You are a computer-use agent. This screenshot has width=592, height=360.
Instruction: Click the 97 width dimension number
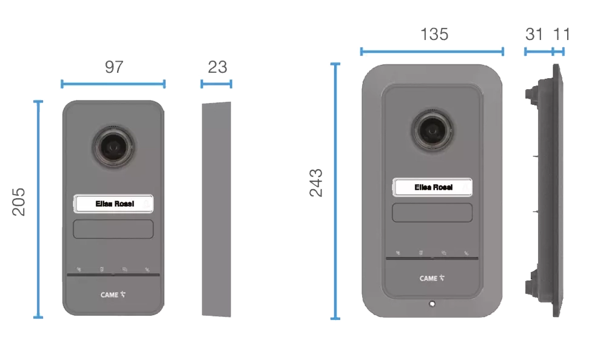click(113, 67)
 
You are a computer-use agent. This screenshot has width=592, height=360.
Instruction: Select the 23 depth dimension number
click(217, 67)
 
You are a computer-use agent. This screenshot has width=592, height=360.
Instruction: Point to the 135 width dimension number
click(434, 35)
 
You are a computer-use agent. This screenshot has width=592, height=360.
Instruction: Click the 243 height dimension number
click(317, 183)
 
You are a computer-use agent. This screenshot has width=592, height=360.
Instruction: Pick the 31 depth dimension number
click(534, 35)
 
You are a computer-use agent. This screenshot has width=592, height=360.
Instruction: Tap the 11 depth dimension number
click(561, 35)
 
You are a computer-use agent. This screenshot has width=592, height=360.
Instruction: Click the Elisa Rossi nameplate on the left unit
click(113, 205)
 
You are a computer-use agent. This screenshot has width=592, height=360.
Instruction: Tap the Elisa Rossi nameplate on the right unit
click(432, 188)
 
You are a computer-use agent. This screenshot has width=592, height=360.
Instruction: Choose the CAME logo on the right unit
click(432, 278)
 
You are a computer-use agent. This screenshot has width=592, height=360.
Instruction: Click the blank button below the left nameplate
click(113, 230)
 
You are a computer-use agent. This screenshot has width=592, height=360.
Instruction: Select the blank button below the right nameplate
click(432, 213)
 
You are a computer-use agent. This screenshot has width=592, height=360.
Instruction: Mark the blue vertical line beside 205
click(38, 209)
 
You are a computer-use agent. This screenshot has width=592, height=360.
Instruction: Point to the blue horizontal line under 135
click(431, 52)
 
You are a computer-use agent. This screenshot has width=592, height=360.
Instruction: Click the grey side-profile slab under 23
click(215, 209)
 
